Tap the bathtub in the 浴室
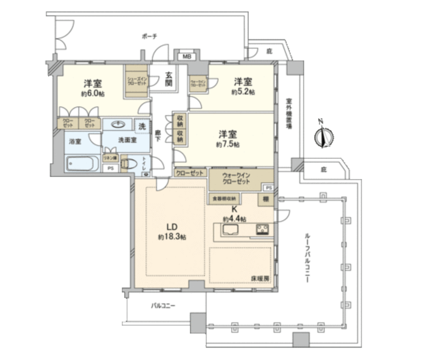coord(82,163)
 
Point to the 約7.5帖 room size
coord(228,144)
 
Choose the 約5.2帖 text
coord(243,92)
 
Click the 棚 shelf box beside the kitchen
coord(265,199)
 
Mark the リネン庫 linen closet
coord(110,157)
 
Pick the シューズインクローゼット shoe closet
coord(137,81)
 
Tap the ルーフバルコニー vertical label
coord(306,258)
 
